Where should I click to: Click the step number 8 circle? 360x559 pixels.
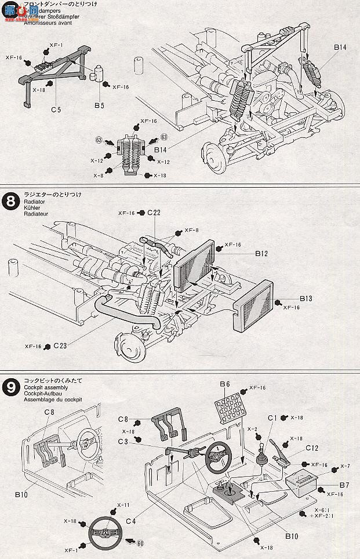(x=10, y=203)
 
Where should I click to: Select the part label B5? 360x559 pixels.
(x=99, y=107)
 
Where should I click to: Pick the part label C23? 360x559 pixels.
(x=61, y=346)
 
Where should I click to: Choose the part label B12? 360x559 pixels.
(x=261, y=254)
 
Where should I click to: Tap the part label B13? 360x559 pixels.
(x=307, y=298)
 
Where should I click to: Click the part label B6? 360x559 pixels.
(x=225, y=384)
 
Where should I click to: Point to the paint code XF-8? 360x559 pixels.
(x=191, y=231)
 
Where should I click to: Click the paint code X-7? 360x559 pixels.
(x=345, y=466)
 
